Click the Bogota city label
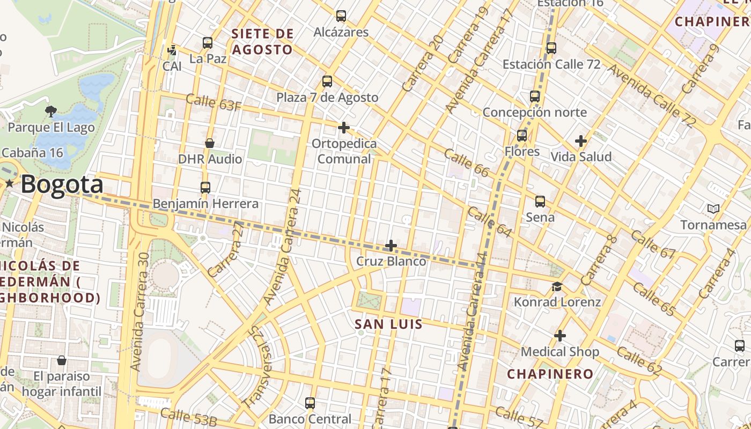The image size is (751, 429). pos(62,184)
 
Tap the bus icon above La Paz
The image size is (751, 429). pos(208,43)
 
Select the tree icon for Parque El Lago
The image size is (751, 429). pos(51,112)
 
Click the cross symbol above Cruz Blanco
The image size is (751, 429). pos(391,246)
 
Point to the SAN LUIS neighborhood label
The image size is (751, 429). pos(389,324)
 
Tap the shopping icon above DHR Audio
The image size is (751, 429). pos(210,143)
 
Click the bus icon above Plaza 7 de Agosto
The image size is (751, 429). pos(327,82)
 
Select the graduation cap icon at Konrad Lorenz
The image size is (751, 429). pos(557,286)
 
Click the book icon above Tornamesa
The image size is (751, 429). pos(713,209)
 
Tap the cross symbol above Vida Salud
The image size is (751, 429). pos(581,142)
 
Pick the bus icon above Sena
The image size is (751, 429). pos(540,202)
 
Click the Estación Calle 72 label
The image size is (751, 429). pos(551,64)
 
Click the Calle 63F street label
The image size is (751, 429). pos(213,102)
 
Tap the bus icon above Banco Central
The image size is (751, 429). pos(310,403)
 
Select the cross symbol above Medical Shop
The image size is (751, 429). pos(560,336)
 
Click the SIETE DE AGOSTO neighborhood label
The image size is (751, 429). pos(262,42)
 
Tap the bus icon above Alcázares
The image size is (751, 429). pos(341,16)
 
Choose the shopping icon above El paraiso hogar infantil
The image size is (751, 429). pos(62,360)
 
